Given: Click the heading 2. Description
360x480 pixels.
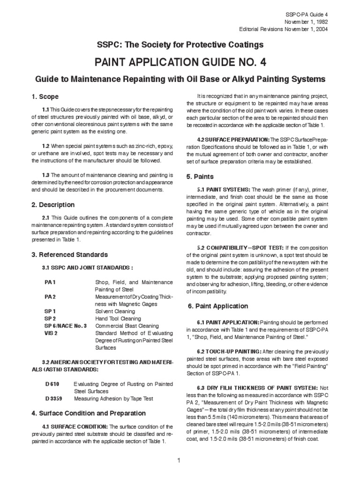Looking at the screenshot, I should coord(53,205).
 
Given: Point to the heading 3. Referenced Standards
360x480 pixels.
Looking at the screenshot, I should coord(69,255).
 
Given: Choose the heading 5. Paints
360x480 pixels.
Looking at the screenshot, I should coord(200,177).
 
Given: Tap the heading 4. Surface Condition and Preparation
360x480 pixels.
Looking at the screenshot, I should coord(89,413).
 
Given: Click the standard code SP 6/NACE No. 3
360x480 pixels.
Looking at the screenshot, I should coord(66,326).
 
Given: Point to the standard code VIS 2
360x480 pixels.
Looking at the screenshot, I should coord(51,333).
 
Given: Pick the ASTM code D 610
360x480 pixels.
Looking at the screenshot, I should coord(52,383).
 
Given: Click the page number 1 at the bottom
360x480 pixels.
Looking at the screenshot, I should coord(179,460).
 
